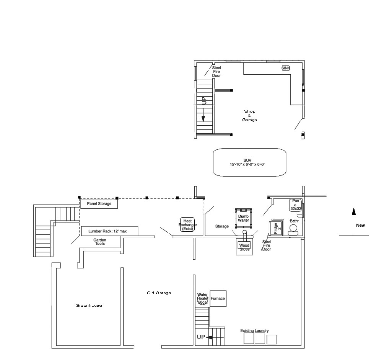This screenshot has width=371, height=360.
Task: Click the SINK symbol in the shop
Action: pyautogui.click(x=286, y=68)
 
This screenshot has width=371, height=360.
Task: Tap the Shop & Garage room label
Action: pyautogui.click(x=250, y=116)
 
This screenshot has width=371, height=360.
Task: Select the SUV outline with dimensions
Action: pyautogui.click(x=250, y=162)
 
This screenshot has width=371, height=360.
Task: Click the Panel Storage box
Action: pyautogui.click(x=99, y=204)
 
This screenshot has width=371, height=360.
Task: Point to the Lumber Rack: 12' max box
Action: pyautogui.click(x=109, y=231)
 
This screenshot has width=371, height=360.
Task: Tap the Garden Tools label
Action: pyautogui.click(x=100, y=242)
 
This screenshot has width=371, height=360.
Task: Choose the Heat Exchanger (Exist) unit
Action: pyautogui.click(x=187, y=224)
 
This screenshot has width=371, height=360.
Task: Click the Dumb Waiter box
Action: pyautogui.click(x=244, y=218)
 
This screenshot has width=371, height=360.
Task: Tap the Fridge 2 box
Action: pyautogui.click(x=276, y=228)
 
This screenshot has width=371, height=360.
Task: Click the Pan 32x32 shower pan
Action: pyautogui.click(x=295, y=205)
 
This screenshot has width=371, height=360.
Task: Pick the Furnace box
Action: pyautogui.click(x=218, y=299)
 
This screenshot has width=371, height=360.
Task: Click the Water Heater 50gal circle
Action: pyautogui.click(x=203, y=299)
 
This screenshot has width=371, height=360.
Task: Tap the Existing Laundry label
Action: pyautogui.click(x=255, y=331)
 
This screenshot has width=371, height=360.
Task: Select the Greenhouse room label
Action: pyautogui.click(x=89, y=306)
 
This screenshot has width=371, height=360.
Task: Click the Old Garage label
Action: pyautogui.click(x=159, y=293)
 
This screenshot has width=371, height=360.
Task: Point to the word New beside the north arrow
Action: pyautogui.click(x=360, y=225)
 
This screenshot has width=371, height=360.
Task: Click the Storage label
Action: pyautogui.click(x=222, y=226)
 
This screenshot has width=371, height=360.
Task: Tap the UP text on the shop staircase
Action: pyautogui.click(x=204, y=101)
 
